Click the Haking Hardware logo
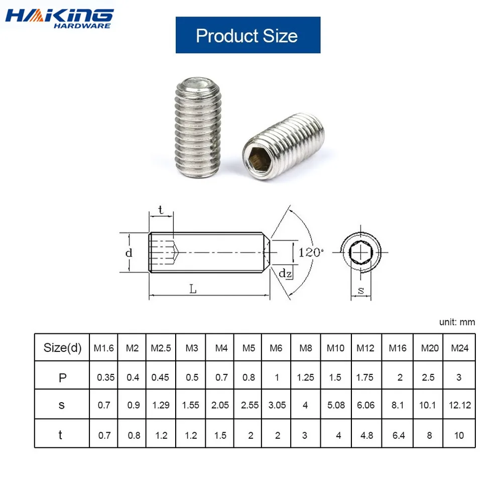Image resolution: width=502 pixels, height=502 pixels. pos(59,19)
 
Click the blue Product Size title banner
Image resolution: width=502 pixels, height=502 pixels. pos(247,35)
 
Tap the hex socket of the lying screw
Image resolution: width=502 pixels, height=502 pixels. pos(260,159)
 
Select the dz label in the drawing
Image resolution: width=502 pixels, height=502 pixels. pos(286,274)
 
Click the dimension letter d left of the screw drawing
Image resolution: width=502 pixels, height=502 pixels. pos(129,253)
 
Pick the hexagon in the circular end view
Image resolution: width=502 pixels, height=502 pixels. pos(360,252)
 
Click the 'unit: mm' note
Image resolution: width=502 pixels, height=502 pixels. pos(457,322)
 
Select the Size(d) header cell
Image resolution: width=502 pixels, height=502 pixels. pos(62,348)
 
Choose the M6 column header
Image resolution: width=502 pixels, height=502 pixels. pos(277,348)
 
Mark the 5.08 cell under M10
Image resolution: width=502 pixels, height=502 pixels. pos(336,405)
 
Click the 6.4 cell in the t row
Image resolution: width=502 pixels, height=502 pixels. pos(399,435)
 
